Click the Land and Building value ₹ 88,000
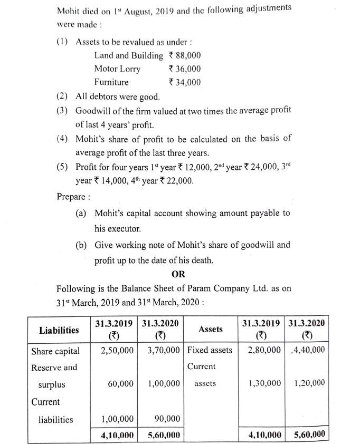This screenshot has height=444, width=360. [x=184, y=55]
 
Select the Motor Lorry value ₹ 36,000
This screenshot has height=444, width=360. [x=184, y=69]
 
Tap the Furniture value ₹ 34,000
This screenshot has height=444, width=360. [x=184, y=82]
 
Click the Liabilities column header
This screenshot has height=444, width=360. [x=59, y=330]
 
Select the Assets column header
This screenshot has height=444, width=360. [x=211, y=329]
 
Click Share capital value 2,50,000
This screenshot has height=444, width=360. [x=117, y=351]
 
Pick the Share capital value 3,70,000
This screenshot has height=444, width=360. [x=161, y=351]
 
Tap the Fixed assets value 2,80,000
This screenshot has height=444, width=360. [x=264, y=351]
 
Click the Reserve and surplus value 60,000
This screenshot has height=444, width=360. [x=120, y=384]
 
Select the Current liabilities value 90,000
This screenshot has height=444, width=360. [x=166, y=419]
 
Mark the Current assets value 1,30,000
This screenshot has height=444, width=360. [x=264, y=384]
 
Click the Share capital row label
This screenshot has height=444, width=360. [x=55, y=351]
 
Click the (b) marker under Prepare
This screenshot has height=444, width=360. [x=82, y=245]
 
